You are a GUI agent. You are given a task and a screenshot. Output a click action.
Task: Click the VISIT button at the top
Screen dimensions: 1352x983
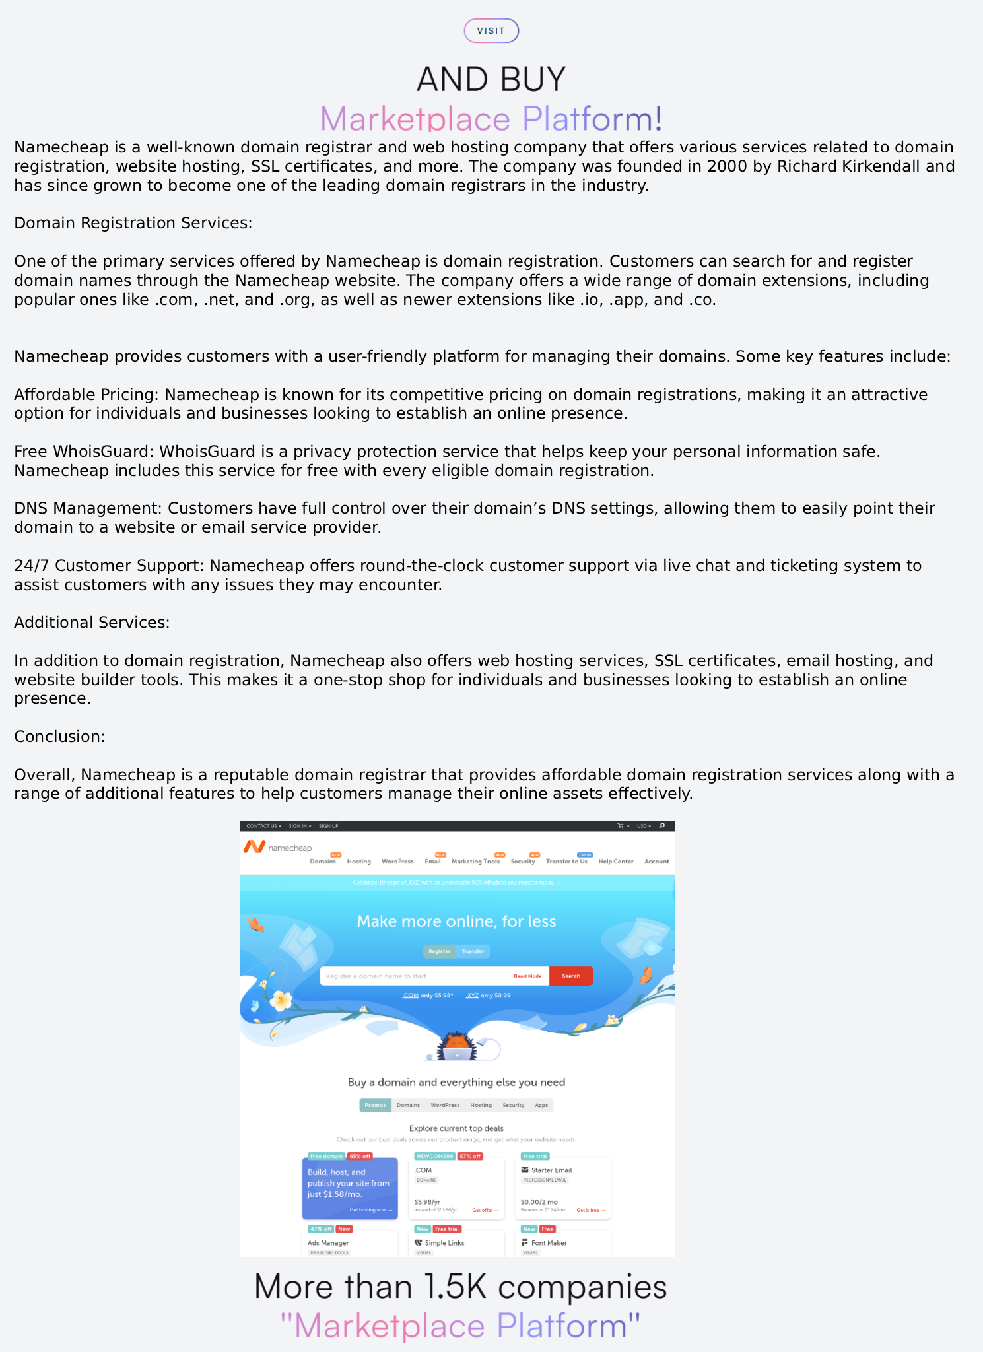491,31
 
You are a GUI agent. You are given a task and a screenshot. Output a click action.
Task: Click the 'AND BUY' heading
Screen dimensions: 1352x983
491,79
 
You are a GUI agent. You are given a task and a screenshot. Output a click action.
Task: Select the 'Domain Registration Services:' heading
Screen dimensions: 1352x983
133,223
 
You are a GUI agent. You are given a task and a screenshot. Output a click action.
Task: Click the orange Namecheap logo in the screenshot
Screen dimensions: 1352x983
254,847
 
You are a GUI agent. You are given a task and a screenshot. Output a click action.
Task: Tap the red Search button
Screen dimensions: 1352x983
570,976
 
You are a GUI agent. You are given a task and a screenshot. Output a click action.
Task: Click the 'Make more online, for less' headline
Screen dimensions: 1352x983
456,922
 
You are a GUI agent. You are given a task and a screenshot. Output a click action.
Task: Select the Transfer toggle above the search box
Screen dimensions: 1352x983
473,951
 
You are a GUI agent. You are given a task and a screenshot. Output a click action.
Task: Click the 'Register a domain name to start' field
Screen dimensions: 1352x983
416,976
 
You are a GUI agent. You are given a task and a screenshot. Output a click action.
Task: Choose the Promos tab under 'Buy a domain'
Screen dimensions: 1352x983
375,1105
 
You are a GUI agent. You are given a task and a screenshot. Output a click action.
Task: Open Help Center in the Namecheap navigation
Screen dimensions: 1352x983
615,862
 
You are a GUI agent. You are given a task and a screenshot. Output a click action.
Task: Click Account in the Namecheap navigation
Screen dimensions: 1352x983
656,862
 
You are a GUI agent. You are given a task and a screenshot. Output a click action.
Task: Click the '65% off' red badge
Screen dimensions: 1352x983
360,1156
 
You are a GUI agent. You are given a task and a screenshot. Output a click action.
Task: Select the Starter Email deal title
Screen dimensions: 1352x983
551,1170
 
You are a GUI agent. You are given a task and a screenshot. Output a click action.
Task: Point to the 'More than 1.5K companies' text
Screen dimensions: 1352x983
460,1287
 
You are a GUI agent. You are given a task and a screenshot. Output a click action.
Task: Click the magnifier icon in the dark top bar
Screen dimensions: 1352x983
662,826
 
